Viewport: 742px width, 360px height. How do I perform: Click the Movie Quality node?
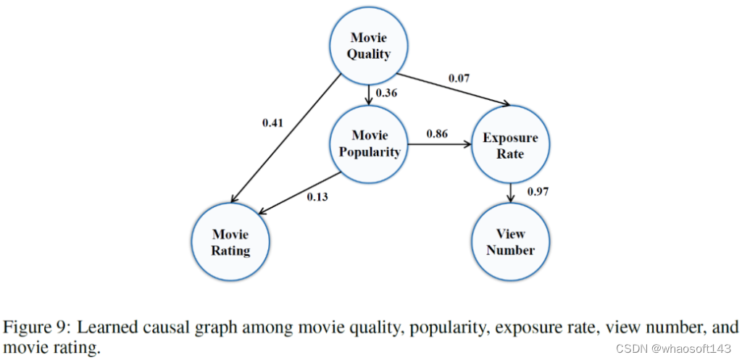click(370, 46)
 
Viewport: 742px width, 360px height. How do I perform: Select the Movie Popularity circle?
click(370, 144)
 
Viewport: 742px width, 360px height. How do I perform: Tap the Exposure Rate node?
click(512, 145)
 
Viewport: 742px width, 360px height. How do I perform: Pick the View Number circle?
click(511, 242)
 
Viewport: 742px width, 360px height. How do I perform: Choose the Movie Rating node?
click(230, 243)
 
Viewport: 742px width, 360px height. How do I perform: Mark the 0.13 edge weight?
click(317, 196)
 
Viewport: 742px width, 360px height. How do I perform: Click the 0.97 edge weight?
click(538, 191)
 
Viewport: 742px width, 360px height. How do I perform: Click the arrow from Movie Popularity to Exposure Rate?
click(441, 145)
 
